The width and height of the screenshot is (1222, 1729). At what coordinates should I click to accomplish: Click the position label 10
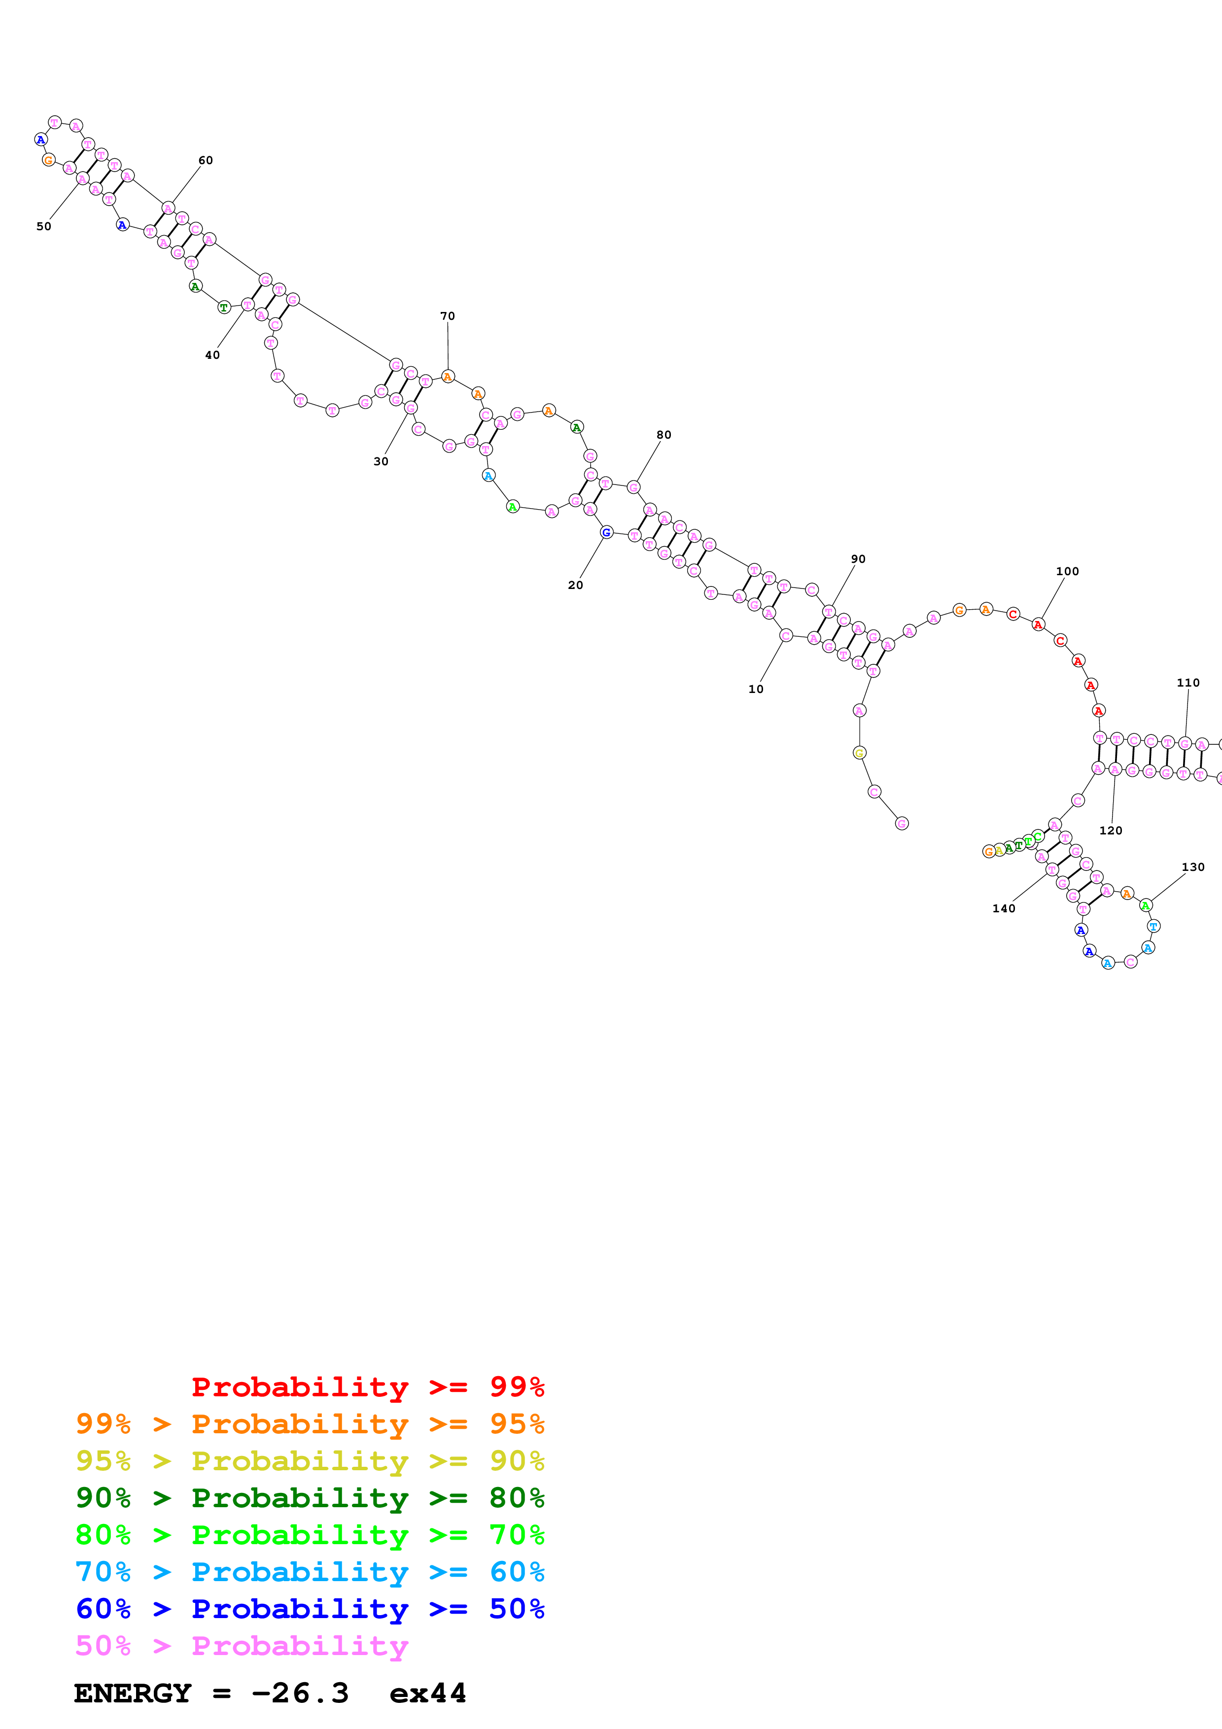pos(755,689)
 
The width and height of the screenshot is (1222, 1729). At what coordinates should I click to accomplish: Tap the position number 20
pos(575,585)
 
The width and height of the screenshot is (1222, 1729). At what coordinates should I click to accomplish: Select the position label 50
pos(44,226)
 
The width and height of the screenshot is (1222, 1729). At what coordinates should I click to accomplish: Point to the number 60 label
pos(206,160)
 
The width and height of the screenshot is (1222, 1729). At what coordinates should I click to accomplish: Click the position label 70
pos(447,316)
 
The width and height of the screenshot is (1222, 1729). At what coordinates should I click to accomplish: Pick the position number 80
pos(663,435)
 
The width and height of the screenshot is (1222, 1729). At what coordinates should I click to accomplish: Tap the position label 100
pos(1067,572)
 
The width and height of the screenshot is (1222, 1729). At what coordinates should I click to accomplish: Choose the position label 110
pos(1188,683)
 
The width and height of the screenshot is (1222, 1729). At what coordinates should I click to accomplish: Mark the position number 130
pos(1192,867)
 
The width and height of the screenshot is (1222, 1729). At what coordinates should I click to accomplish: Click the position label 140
pos(1004,908)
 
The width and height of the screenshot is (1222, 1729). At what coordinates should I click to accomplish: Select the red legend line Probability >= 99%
pos(367,1387)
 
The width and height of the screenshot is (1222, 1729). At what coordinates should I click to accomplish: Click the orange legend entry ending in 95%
pos(310,1424)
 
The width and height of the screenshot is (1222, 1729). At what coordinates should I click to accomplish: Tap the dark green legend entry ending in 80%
pos(310,1498)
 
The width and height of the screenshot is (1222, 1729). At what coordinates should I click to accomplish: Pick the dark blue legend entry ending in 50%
pos(310,1609)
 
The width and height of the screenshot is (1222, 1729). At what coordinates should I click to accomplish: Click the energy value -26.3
pos(300,1693)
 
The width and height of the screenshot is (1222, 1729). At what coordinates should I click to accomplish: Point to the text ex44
pos(428,1693)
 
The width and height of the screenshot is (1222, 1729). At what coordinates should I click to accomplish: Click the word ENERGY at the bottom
pos(133,1693)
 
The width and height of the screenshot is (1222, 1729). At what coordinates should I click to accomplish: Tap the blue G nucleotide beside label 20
pos(606,532)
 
